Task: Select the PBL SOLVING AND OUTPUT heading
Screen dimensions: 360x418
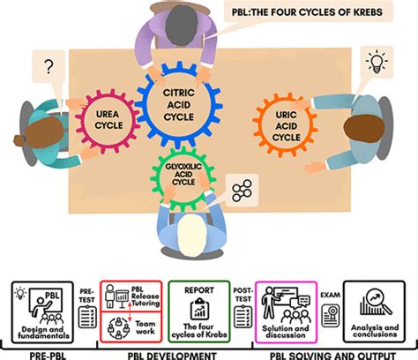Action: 319,350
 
